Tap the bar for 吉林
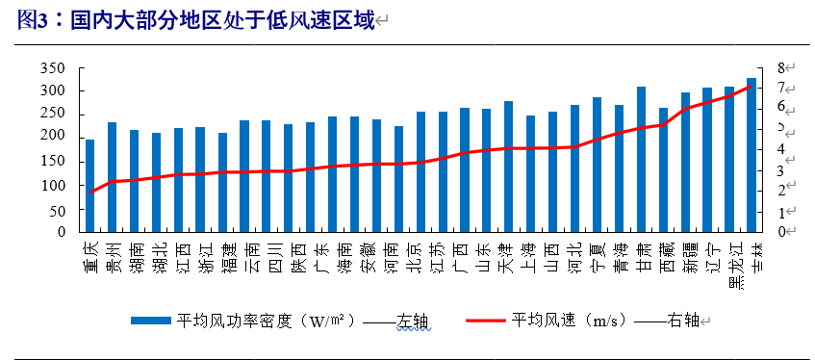(x=751, y=155)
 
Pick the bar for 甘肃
(x=641, y=160)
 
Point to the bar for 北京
(x=420, y=172)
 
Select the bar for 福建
(x=222, y=183)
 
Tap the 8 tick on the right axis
(x=786, y=68)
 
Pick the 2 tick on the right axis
(x=786, y=191)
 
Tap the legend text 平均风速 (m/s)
(x=568, y=320)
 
